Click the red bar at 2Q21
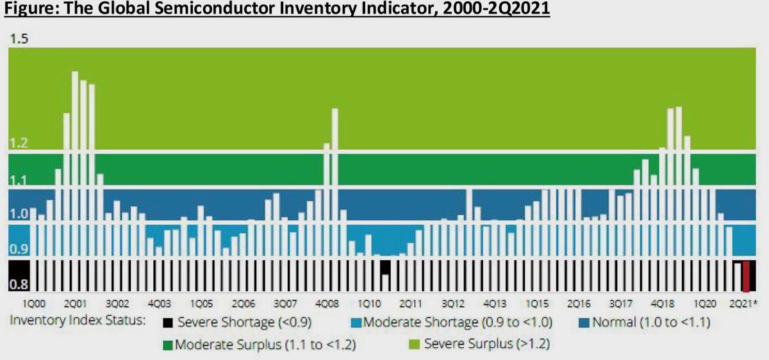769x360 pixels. click(x=746, y=276)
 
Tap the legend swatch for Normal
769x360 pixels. click(x=583, y=322)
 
